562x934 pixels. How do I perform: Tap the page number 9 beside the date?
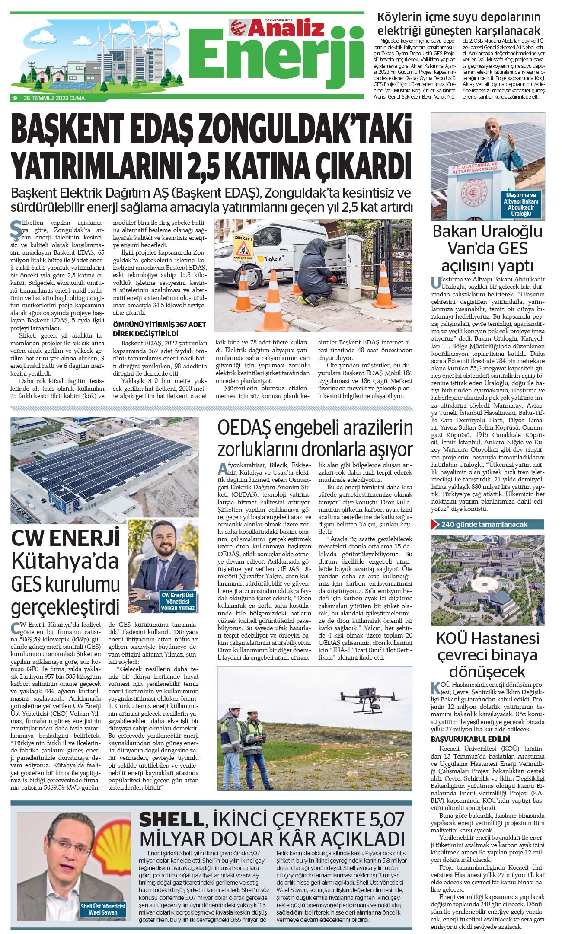(x=15, y=98)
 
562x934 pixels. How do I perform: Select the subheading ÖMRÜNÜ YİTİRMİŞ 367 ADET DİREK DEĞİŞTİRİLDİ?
(x=159, y=329)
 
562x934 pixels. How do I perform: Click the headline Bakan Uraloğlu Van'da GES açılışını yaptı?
(x=487, y=248)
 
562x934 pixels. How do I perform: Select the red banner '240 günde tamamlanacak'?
(x=487, y=524)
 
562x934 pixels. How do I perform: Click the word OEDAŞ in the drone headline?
(x=243, y=429)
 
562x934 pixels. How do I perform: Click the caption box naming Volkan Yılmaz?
(x=178, y=601)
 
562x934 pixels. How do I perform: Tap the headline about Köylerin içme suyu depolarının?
(x=459, y=24)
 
